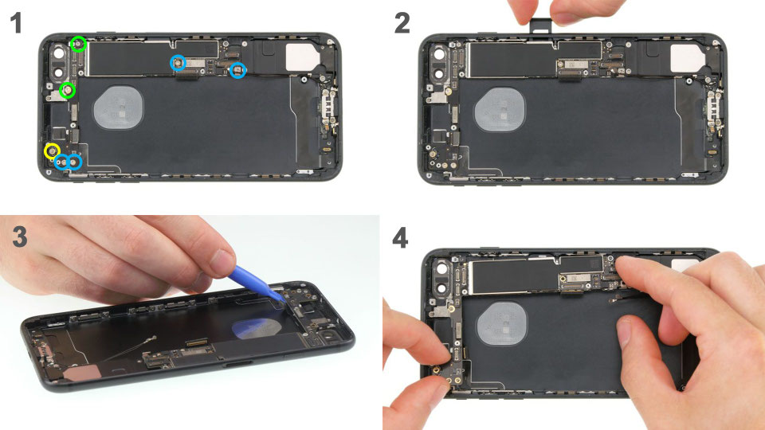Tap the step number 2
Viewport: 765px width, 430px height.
pos(402,23)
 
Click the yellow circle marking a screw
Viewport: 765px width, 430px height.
pos(52,150)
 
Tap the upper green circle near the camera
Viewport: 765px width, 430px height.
pos(78,44)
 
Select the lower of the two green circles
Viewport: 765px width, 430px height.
pos(69,91)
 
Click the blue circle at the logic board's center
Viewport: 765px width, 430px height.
pos(178,62)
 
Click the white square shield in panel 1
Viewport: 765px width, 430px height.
pos(303,53)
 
